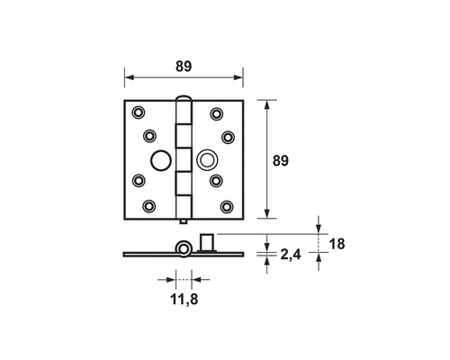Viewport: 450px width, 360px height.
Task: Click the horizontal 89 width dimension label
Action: click(184, 67)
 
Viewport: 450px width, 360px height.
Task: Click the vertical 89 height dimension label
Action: click(281, 161)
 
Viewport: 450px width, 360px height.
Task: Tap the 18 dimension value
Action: click(337, 244)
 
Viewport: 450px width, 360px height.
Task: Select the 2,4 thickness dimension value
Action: click(291, 256)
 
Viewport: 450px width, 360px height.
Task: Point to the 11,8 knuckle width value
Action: click(184, 299)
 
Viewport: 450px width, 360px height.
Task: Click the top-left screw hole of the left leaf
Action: click(139, 112)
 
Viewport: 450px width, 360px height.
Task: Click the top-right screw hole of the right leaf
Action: click(216, 114)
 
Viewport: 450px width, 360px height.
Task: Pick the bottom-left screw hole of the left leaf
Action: click(148, 206)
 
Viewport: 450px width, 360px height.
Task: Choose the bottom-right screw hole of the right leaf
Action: click(227, 207)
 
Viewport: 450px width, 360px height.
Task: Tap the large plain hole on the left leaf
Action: click(161, 160)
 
